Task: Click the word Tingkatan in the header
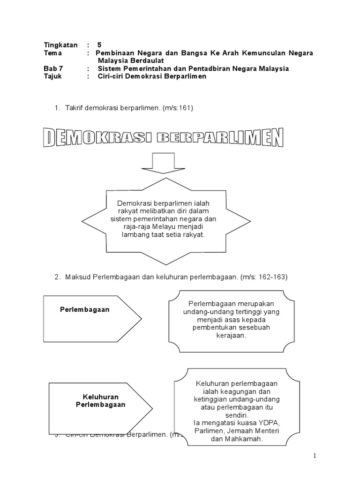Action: [x=60, y=45]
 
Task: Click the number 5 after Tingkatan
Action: [x=99, y=45]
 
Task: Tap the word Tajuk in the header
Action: [x=52, y=76]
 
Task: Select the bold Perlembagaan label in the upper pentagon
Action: [x=85, y=310]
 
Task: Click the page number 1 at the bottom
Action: [x=315, y=456]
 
